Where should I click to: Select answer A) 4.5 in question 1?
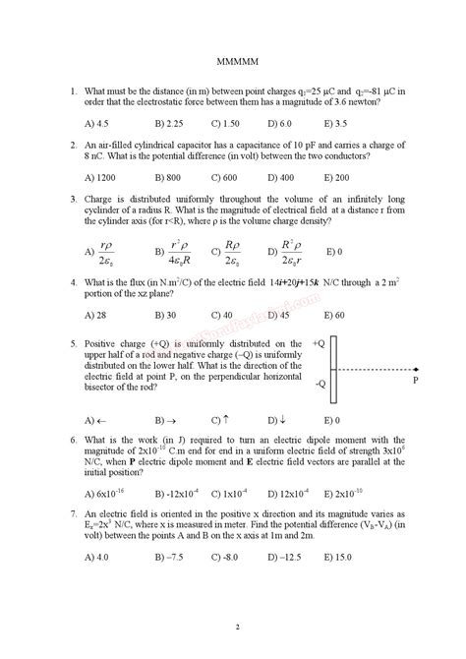(x=99, y=124)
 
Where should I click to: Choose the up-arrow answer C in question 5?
(x=222, y=420)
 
